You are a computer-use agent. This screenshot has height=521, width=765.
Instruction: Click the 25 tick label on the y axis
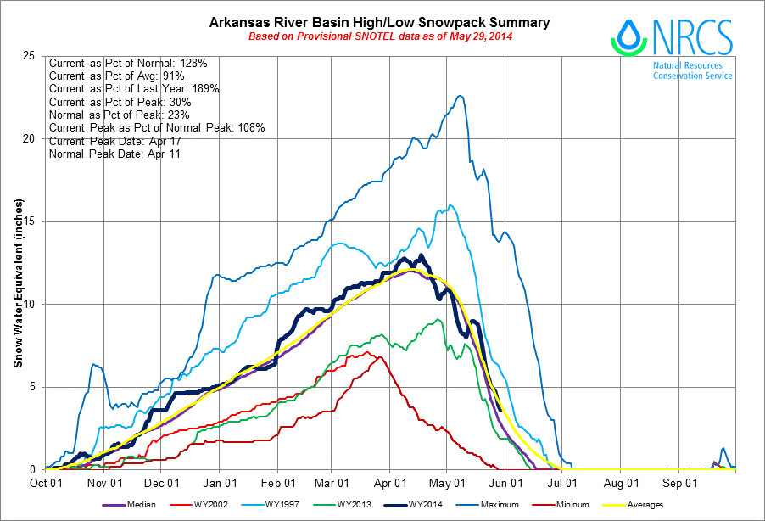[x=28, y=56]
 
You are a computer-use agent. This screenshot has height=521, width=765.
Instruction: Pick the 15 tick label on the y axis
[x=28, y=221]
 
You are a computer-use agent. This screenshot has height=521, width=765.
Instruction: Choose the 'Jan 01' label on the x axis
[x=219, y=483]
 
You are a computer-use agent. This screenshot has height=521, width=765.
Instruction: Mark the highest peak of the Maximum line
[x=460, y=96]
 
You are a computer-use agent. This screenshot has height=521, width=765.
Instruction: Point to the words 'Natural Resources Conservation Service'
[x=692, y=70]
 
